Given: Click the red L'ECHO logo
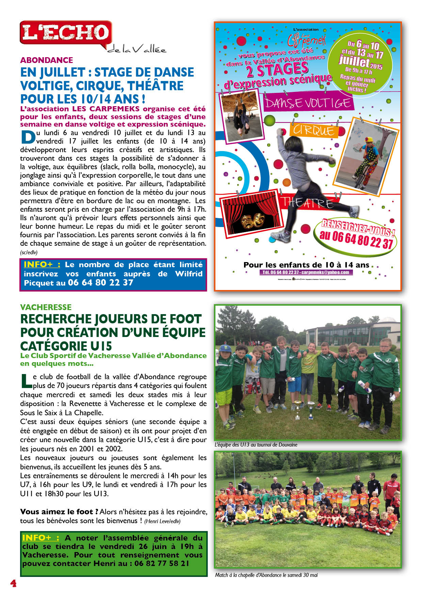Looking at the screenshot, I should (66, 33).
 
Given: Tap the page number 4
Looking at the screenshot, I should (13, 583).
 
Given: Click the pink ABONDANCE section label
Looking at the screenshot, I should (47, 60).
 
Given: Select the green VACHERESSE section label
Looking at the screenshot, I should (46, 307).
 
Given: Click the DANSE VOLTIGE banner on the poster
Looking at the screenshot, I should (308, 103).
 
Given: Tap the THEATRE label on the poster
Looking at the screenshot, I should (306, 203).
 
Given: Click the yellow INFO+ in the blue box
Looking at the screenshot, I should (42, 264).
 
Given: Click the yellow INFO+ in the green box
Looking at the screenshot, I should (40, 538).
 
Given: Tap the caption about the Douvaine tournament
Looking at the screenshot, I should (256, 445).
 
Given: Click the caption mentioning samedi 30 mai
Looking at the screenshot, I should (266, 575).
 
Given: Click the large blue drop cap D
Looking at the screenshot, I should (28, 137).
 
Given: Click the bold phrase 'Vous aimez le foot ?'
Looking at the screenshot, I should (59, 512).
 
